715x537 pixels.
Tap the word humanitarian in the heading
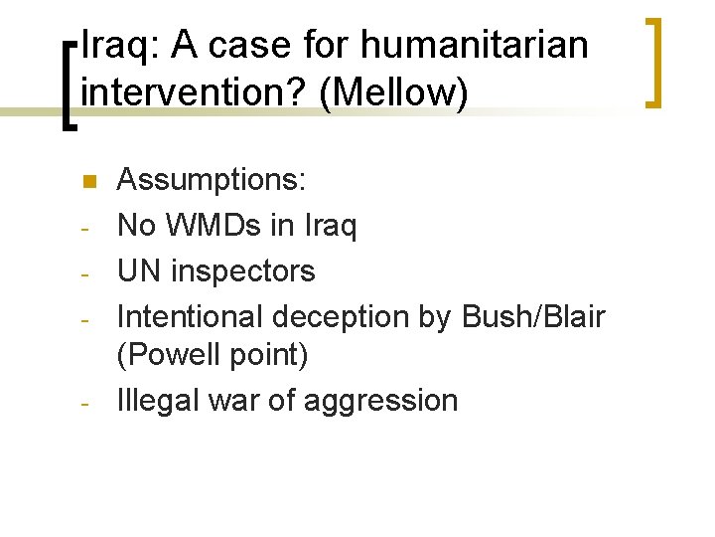[x=475, y=45]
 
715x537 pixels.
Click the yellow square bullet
[x=86, y=181]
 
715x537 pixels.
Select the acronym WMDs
[x=217, y=226]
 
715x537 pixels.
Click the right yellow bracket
[x=653, y=62]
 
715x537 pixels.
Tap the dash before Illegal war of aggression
[x=86, y=404]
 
